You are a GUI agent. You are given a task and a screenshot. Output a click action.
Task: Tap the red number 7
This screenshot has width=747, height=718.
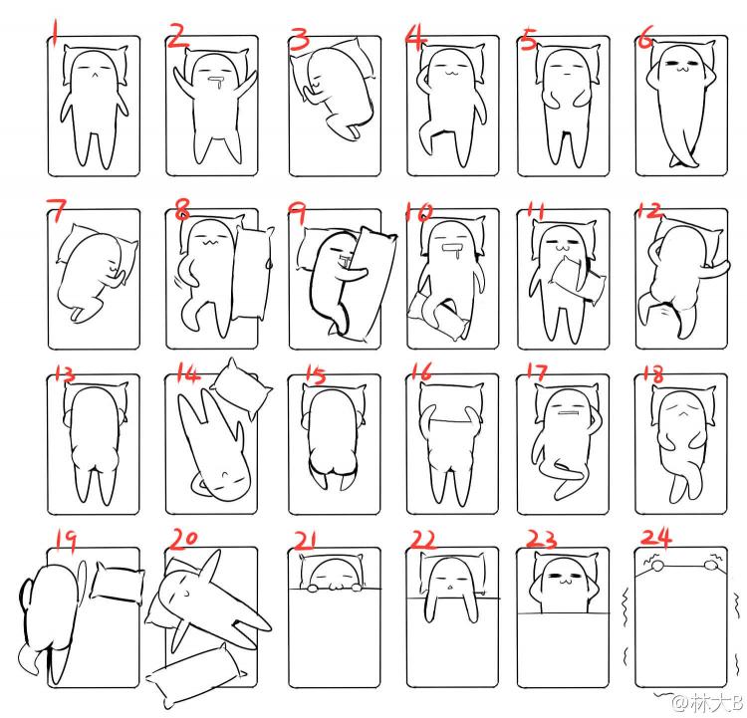57,210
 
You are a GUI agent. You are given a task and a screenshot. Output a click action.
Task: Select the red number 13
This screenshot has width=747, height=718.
65,373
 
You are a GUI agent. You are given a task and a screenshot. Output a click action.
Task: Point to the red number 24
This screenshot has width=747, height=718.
656,538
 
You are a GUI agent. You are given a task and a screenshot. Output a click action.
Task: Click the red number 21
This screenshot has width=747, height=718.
305,541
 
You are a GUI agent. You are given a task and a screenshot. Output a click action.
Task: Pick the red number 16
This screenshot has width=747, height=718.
420,371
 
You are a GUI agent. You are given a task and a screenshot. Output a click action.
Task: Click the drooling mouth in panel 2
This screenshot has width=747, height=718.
217,82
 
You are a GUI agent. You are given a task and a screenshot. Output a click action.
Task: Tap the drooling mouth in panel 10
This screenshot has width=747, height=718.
450,251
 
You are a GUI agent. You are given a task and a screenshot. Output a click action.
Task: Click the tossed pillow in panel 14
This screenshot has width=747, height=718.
241,389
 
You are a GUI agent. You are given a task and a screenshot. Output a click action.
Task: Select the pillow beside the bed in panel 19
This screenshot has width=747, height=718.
118,583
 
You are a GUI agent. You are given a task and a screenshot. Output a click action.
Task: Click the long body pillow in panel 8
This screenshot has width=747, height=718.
252,274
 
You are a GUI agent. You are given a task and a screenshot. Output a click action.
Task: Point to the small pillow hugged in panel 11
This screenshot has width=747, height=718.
578,279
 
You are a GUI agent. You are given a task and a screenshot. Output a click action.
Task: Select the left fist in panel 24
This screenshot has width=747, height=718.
658,566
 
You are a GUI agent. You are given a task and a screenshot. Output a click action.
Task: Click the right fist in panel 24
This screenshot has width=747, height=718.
711,566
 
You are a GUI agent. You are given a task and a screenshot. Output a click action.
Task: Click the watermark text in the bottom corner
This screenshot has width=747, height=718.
707,702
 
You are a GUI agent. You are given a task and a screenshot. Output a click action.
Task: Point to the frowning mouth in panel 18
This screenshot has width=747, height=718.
682,412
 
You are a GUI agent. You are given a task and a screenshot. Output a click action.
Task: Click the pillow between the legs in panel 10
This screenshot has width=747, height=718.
437,314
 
